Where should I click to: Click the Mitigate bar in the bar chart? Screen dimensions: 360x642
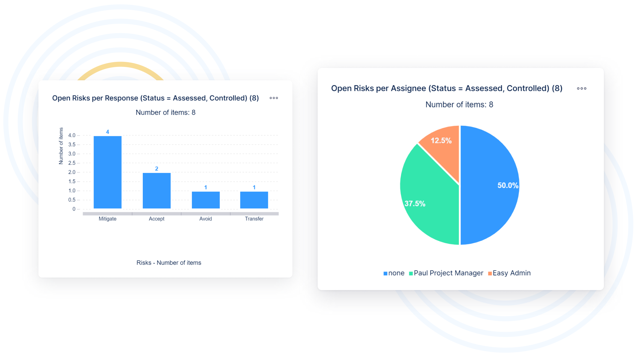107,172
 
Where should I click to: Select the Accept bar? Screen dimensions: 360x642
156,190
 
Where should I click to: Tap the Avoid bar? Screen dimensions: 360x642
206,200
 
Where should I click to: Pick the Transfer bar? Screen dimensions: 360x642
254,200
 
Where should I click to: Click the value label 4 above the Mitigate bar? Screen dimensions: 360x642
107,132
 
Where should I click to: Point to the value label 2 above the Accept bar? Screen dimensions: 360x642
156,169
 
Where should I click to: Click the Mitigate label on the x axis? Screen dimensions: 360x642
107,219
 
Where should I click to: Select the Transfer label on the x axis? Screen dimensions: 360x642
254,219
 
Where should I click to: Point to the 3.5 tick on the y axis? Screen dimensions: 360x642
72,145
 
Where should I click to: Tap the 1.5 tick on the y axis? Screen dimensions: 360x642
72,181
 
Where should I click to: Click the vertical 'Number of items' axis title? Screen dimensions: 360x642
61,146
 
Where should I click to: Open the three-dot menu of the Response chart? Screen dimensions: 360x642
274,98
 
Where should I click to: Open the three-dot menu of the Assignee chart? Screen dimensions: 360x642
581,88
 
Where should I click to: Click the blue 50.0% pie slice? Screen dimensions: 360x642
492,187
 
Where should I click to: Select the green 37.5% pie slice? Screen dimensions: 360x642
428,201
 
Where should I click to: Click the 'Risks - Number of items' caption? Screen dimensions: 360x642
169,263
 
